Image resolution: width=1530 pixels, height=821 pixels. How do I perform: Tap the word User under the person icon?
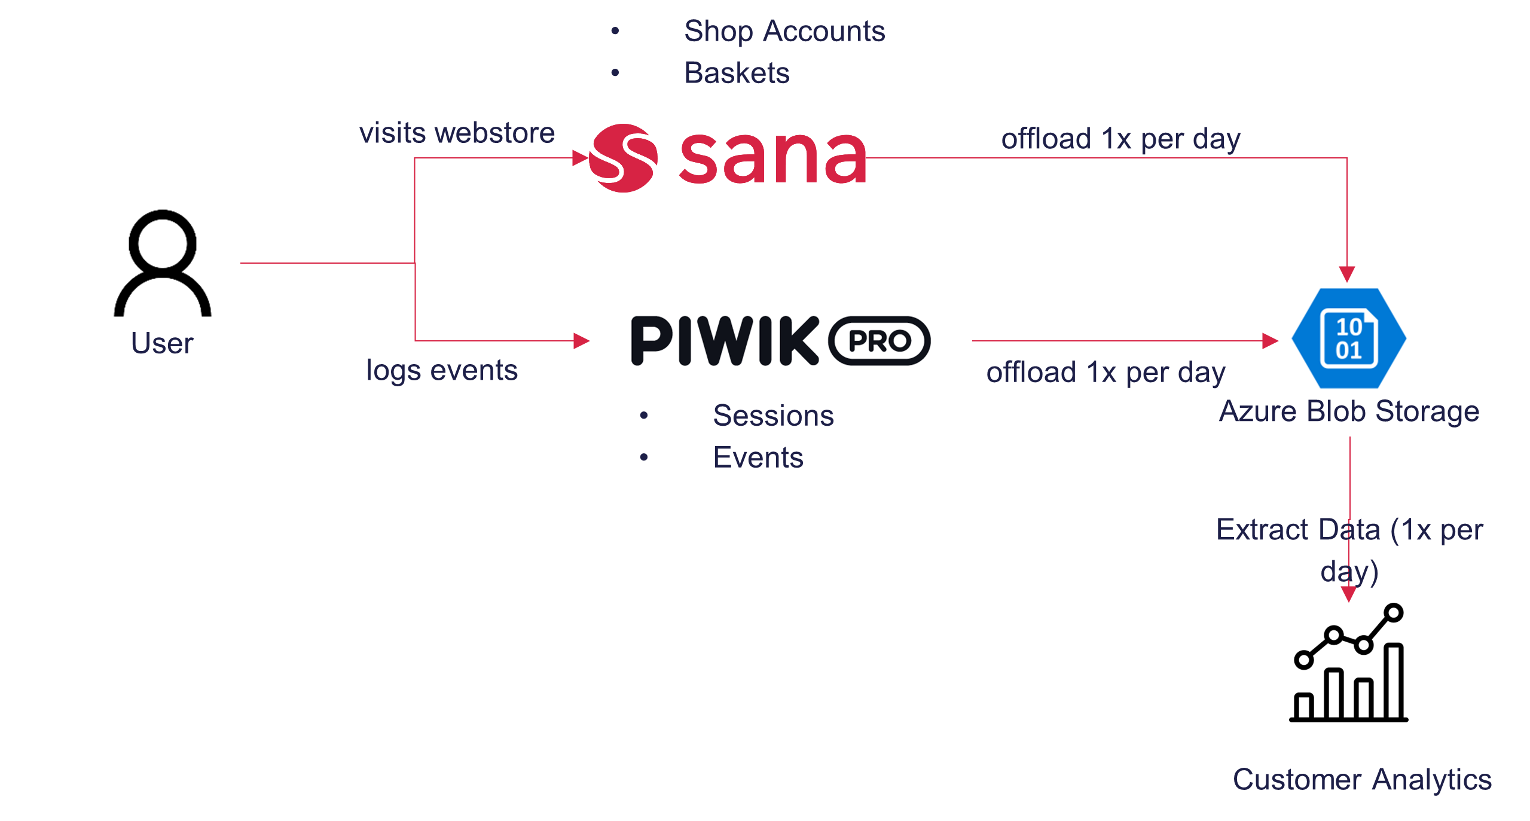point(162,344)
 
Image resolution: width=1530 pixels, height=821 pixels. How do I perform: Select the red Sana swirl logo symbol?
point(623,158)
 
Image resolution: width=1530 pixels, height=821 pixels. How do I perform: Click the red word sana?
point(773,158)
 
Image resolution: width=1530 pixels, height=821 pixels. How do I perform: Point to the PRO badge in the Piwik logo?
point(879,341)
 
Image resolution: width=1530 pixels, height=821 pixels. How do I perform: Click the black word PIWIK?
point(725,341)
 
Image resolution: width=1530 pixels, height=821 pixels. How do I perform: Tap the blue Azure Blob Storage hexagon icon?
point(1349,338)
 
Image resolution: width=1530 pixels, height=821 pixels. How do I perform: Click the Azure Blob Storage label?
point(1349,413)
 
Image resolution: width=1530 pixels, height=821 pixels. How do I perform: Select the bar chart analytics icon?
point(1349,663)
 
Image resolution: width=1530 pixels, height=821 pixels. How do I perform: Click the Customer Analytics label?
point(1362,780)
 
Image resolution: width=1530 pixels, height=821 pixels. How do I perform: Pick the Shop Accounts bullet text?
point(784,31)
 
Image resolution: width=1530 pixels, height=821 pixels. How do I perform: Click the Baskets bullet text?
point(737,73)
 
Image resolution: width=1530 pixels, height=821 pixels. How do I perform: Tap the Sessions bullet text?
point(773,416)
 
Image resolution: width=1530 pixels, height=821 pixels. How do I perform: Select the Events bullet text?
point(758,457)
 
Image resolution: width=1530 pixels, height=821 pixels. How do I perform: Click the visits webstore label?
point(457,133)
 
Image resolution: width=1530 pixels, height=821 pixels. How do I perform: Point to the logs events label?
point(442,371)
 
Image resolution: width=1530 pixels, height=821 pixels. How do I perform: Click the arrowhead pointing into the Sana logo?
point(581,158)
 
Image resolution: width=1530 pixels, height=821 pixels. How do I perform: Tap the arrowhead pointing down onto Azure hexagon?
point(1347,274)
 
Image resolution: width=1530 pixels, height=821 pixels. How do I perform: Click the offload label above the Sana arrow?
point(1121,139)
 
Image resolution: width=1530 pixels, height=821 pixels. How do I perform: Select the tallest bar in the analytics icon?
point(1394,682)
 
